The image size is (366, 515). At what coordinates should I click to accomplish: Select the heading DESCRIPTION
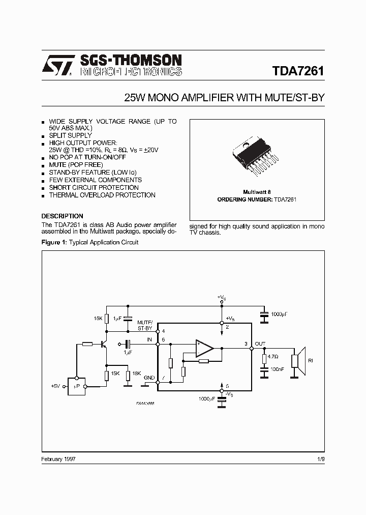point(62,216)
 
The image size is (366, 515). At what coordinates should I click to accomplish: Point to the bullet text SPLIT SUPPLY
point(70,136)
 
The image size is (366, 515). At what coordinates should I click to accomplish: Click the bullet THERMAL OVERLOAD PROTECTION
point(102,195)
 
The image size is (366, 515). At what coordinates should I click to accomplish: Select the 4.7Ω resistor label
point(273,357)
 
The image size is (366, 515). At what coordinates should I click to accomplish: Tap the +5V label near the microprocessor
point(56,387)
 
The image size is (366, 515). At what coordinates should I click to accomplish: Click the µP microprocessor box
point(77,387)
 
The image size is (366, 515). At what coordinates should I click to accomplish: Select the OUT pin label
point(260,344)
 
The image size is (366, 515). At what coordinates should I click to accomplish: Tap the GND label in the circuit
point(149,378)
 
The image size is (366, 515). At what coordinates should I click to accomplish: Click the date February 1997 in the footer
point(59,459)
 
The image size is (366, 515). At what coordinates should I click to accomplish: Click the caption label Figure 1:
point(54,242)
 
